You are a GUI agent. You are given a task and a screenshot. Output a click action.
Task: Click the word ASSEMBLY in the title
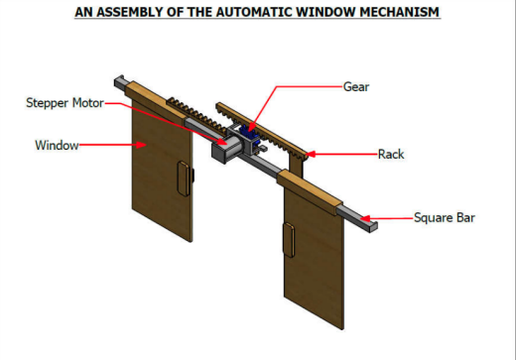(x=130, y=12)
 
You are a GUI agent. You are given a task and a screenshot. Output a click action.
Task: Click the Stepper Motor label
(x=64, y=103)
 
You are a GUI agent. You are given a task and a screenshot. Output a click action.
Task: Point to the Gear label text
(x=356, y=87)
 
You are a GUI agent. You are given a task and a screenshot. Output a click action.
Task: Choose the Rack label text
(x=391, y=154)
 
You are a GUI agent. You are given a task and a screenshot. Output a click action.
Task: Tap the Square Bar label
(x=445, y=217)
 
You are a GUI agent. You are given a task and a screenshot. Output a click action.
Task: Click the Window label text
(x=57, y=145)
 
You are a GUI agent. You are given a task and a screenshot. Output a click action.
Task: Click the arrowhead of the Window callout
(x=142, y=145)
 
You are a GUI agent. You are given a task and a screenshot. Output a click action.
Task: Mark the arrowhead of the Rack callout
(x=311, y=154)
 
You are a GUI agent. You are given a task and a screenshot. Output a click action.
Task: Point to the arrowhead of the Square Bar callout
(x=365, y=218)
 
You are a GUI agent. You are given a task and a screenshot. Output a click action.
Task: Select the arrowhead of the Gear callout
(x=251, y=127)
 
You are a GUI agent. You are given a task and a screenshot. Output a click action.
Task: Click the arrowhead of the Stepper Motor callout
(x=222, y=141)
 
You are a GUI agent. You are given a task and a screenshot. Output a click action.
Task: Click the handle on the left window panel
(x=184, y=179)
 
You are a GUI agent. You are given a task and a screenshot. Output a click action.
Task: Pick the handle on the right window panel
(x=289, y=240)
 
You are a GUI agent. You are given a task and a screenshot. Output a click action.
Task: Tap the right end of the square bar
(x=373, y=227)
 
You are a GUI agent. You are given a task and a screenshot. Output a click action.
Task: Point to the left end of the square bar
(x=119, y=81)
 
